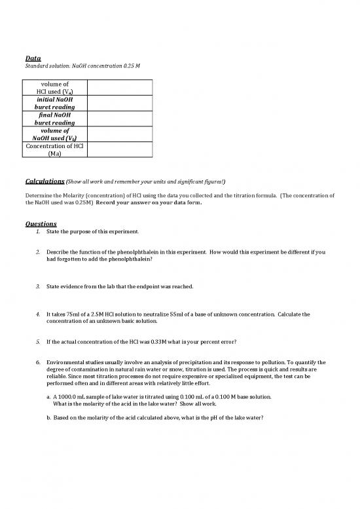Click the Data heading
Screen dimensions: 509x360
pos(33,58)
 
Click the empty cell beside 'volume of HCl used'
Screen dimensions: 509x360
pos(119,88)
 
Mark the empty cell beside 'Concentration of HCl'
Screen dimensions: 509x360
pos(119,149)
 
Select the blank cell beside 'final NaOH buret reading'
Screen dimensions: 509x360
pos(119,119)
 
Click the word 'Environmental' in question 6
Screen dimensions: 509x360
pos(68,362)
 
